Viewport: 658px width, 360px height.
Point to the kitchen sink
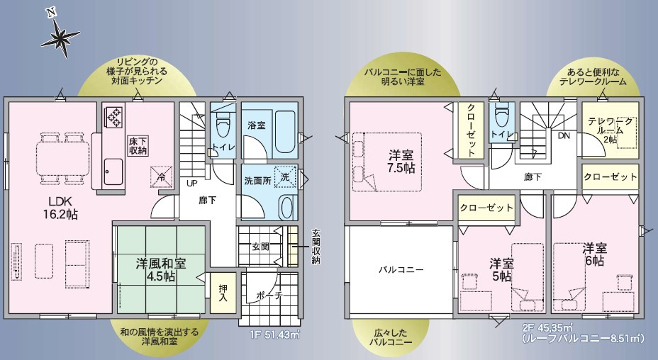114,170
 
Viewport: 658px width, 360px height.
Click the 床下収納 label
138,145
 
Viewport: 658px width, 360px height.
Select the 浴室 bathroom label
256,125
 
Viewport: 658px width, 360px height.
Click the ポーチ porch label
269,295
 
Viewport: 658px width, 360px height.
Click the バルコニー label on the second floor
401,269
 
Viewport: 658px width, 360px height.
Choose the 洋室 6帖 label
594,254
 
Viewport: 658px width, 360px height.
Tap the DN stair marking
564,135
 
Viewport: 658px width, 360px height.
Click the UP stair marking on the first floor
192,183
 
